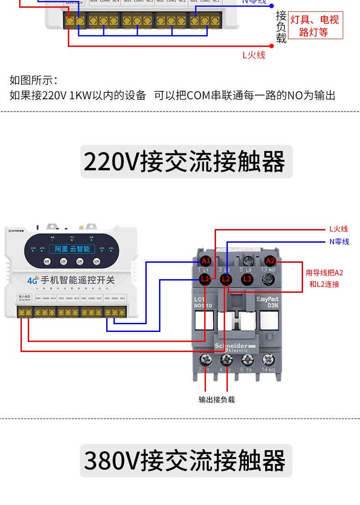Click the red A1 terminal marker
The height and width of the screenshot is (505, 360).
(206, 261)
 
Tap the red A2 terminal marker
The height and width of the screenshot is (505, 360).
(270, 261)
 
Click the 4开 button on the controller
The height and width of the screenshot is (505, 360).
(47, 261)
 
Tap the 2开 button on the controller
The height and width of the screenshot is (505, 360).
(80, 261)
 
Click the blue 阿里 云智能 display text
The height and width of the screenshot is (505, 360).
(72, 249)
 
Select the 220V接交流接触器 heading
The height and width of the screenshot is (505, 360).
(186, 162)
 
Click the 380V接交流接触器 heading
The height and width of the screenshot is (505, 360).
(186, 461)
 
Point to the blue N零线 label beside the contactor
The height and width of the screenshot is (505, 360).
(339, 241)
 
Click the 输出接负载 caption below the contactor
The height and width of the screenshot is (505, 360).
(217, 400)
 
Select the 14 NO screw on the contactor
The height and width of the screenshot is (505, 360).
(268, 360)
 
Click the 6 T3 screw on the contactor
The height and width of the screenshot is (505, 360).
(247, 360)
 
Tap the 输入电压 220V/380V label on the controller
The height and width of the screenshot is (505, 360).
(24, 298)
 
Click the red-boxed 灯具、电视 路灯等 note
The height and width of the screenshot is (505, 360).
(315, 26)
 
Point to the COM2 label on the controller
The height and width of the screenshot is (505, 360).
(92, 298)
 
